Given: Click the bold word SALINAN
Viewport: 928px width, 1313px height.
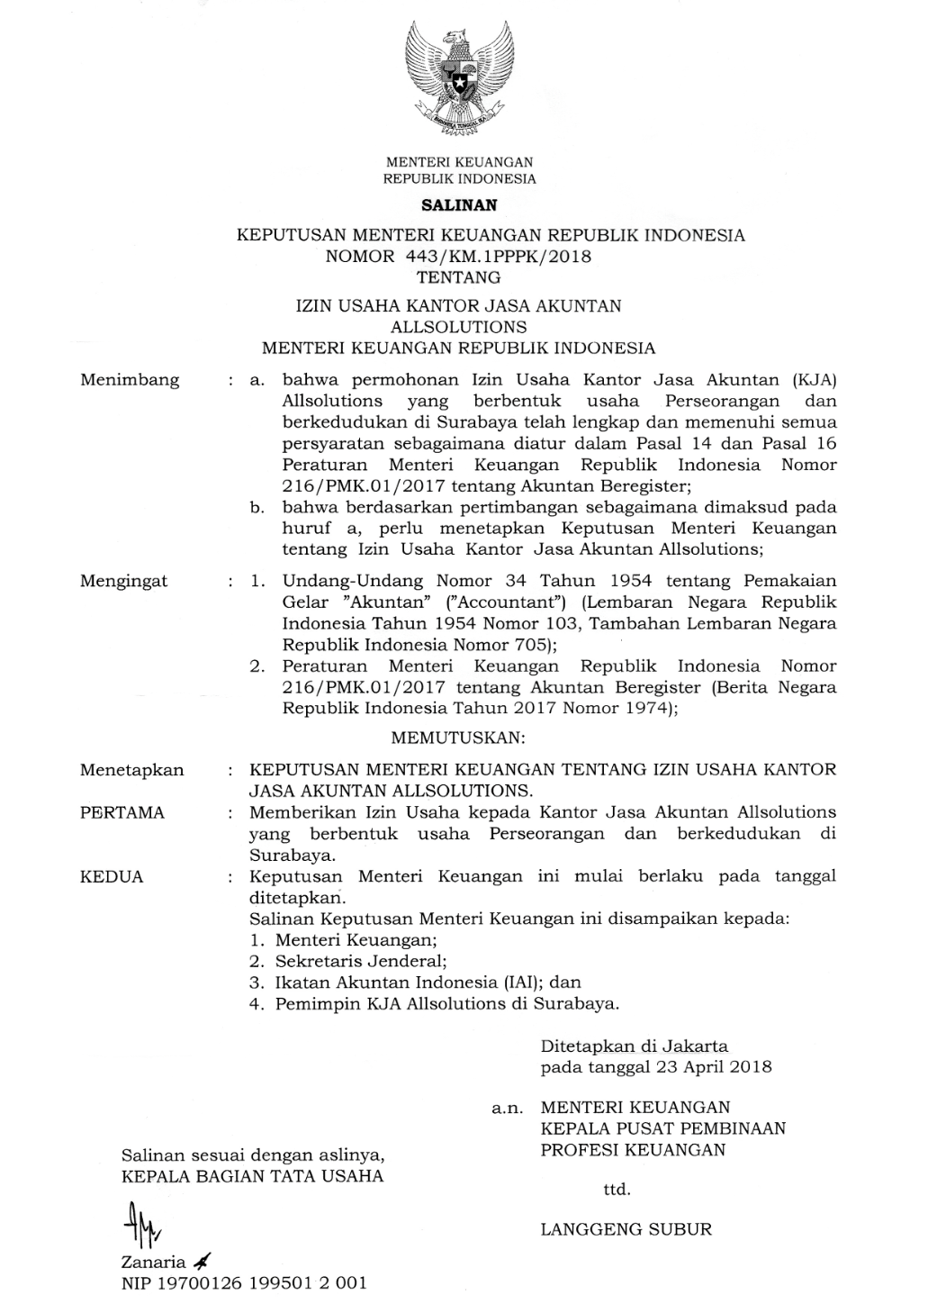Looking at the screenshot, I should tap(459, 204).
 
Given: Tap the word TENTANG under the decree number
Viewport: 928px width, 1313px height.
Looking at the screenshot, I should tap(458, 277).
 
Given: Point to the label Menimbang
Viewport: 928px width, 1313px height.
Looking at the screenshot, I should tap(130, 380).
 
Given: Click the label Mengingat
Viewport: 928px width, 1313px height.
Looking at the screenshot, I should tap(124, 581).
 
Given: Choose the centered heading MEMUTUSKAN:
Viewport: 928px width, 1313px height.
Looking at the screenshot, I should tap(458, 738).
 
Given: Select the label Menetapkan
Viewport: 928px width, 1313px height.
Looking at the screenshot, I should tap(131, 770).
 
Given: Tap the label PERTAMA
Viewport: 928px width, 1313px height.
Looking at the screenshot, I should tap(122, 812).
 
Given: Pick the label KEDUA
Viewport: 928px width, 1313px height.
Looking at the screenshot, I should tap(112, 876).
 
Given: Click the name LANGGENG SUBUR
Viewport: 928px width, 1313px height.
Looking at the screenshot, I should tap(626, 1228).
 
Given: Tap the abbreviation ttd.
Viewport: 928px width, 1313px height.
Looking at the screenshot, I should tap(617, 1190).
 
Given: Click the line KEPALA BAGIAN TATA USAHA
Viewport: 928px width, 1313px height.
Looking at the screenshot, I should tap(252, 1176).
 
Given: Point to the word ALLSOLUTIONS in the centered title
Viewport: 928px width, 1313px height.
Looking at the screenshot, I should tap(459, 326).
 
